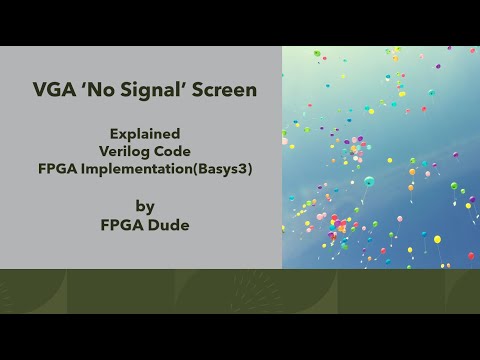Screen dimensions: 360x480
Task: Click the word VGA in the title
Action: tap(48, 90)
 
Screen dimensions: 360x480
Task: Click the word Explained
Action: tap(145, 132)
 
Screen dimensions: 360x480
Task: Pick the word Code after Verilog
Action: tap(173, 150)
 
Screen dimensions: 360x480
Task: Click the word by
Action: tap(145, 206)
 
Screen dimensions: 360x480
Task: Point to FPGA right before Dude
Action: tap(122, 225)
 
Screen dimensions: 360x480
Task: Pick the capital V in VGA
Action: tap(37, 90)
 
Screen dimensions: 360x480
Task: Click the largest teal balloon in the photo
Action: tap(369, 181)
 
